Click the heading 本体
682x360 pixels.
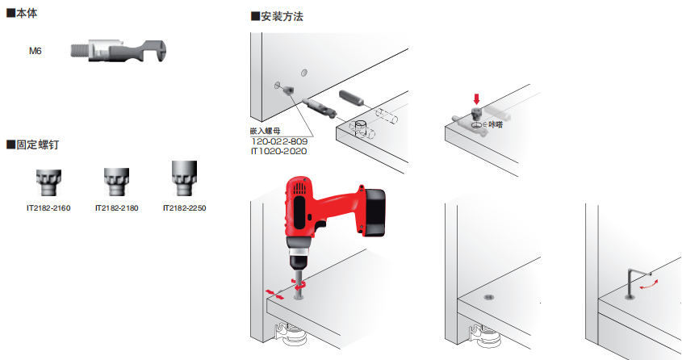[x=22, y=14]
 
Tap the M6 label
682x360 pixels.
[x=36, y=51]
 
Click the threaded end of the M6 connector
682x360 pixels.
[x=80, y=50]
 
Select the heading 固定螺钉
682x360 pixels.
[x=32, y=144]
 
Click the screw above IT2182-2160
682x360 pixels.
[x=48, y=182]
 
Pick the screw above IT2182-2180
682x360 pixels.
[x=116, y=182]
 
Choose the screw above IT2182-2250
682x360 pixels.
[x=184, y=178]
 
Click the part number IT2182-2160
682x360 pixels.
[x=48, y=208]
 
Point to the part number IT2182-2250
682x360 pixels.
[x=184, y=208]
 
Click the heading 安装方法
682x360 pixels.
[x=277, y=17]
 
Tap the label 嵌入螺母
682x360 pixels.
[x=266, y=131]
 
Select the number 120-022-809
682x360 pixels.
[x=280, y=141]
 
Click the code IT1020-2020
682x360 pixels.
[x=278, y=151]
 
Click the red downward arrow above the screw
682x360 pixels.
[x=477, y=98]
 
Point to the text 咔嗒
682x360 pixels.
[x=496, y=125]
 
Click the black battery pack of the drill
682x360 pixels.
[x=374, y=212]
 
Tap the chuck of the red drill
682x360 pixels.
[x=299, y=260]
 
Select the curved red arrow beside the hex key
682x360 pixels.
[x=648, y=284]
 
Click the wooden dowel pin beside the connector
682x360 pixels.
[x=351, y=98]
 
